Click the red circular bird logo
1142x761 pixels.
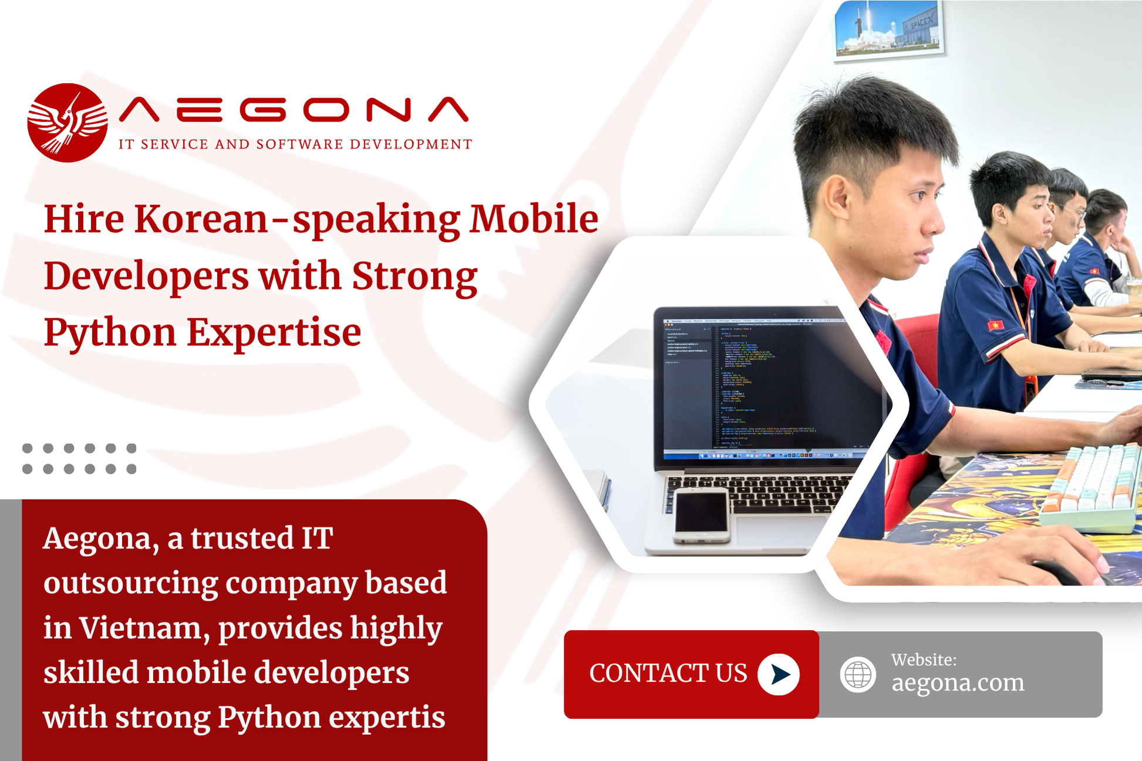(x=68, y=123)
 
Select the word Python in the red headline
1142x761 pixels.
(x=110, y=333)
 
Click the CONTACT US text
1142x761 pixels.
(x=668, y=674)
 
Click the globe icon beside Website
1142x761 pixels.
(x=857, y=675)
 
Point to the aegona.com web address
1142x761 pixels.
(x=958, y=683)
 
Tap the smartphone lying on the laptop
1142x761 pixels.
(x=700, y=515)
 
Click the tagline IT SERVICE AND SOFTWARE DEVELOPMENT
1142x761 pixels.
(x=295, y=144)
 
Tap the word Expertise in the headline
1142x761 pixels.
(x=274, y=333)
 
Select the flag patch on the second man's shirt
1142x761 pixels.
(x=994, y=325)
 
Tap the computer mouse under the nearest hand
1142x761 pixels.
(x=1057, y=573)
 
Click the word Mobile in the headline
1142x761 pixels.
(x=534, y=220)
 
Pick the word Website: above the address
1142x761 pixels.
(x=924, y=660)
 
